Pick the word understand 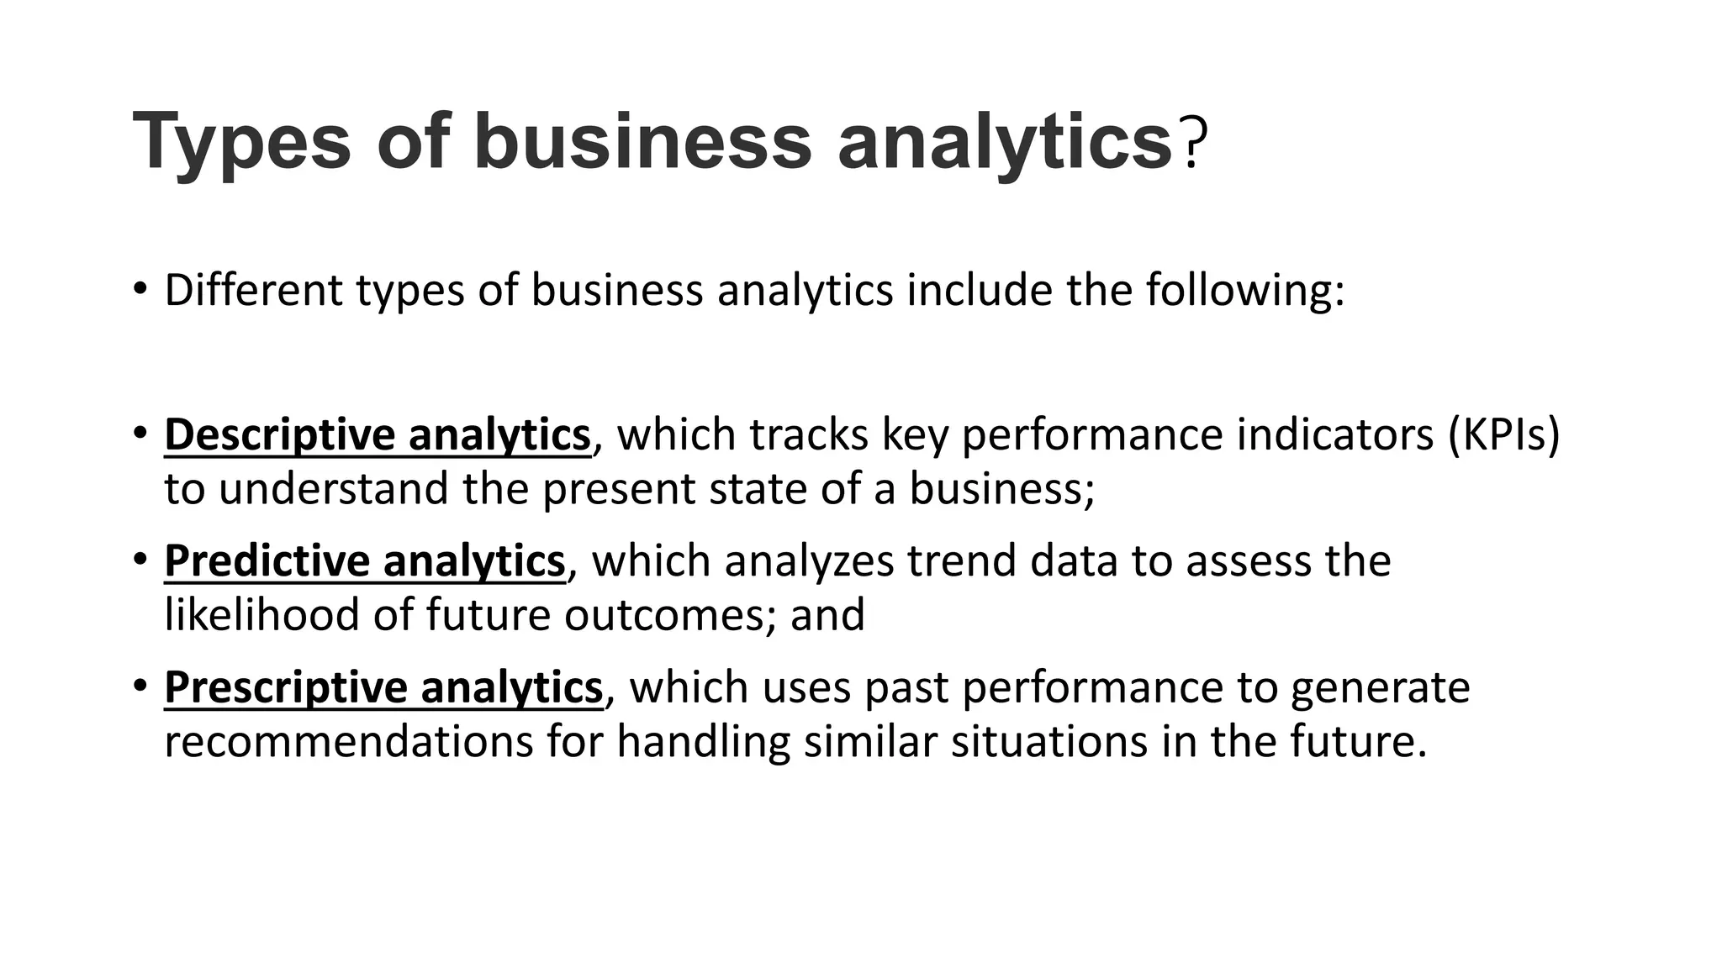coord(333,489)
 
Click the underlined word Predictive coord(267,561)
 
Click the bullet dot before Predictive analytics coord(140,559)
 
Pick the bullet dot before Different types coord(140,288)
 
